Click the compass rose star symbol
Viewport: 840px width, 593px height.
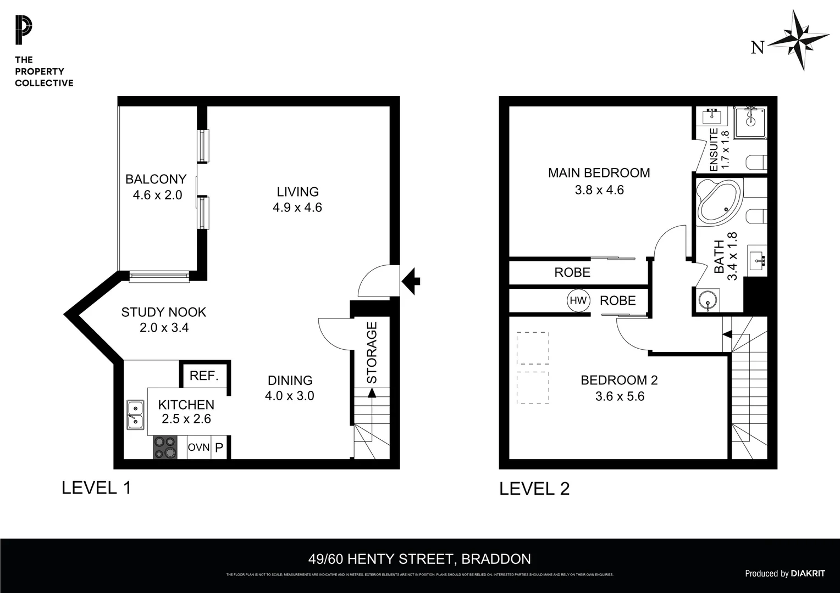(x=798, y=40)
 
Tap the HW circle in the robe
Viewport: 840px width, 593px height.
(x=578, y=300)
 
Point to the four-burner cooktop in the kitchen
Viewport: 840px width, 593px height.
(x=165, y=447)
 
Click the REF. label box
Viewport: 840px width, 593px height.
(x=204, y=376)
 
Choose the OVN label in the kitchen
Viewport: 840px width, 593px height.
(x=198, y=447)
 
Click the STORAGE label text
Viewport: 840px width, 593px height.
(x=372, y=353)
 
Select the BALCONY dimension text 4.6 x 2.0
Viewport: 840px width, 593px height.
(x=157, y=195)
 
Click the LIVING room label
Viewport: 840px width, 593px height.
(x=297, y=192)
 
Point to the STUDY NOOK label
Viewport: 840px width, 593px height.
(x=163, y=312)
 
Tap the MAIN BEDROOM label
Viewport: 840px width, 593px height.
(x=599, y=173)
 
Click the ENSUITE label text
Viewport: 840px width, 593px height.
(x=714, y=149)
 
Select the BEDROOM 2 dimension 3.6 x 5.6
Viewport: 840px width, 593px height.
(x=620, y=396)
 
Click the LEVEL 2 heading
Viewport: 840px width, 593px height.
(x=534, y=488)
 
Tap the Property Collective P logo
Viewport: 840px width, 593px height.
(x=24, y=31)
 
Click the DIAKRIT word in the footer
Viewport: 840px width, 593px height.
(x=808, y=573)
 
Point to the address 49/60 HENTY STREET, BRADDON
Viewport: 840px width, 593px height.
(x=419, y=559)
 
